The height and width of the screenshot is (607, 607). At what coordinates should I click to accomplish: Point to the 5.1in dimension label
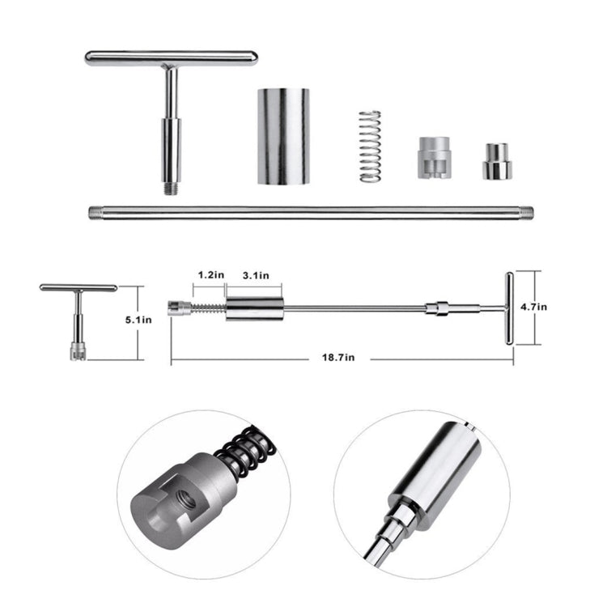135,320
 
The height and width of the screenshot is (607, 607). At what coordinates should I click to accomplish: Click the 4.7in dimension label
534,307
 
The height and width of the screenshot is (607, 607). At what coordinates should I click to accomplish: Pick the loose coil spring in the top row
368,145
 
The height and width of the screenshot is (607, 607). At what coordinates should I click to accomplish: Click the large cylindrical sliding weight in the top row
284,136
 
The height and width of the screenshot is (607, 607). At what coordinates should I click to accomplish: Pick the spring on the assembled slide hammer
207,308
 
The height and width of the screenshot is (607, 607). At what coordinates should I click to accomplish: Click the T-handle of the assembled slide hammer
508,308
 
